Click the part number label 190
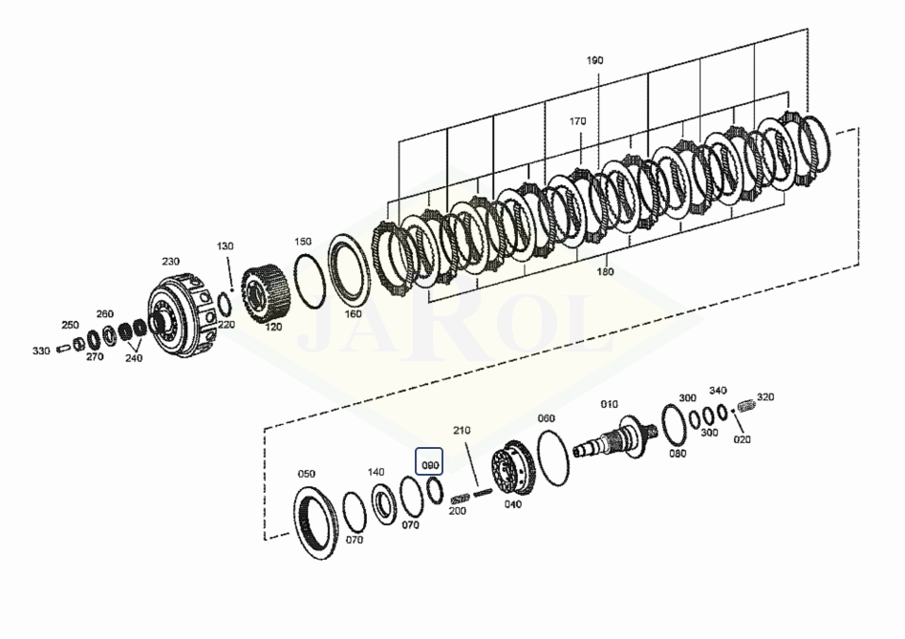594,60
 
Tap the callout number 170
577,121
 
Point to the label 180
606,271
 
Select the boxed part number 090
430,465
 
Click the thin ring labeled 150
309,281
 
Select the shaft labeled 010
615,438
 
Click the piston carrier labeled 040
514,468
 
